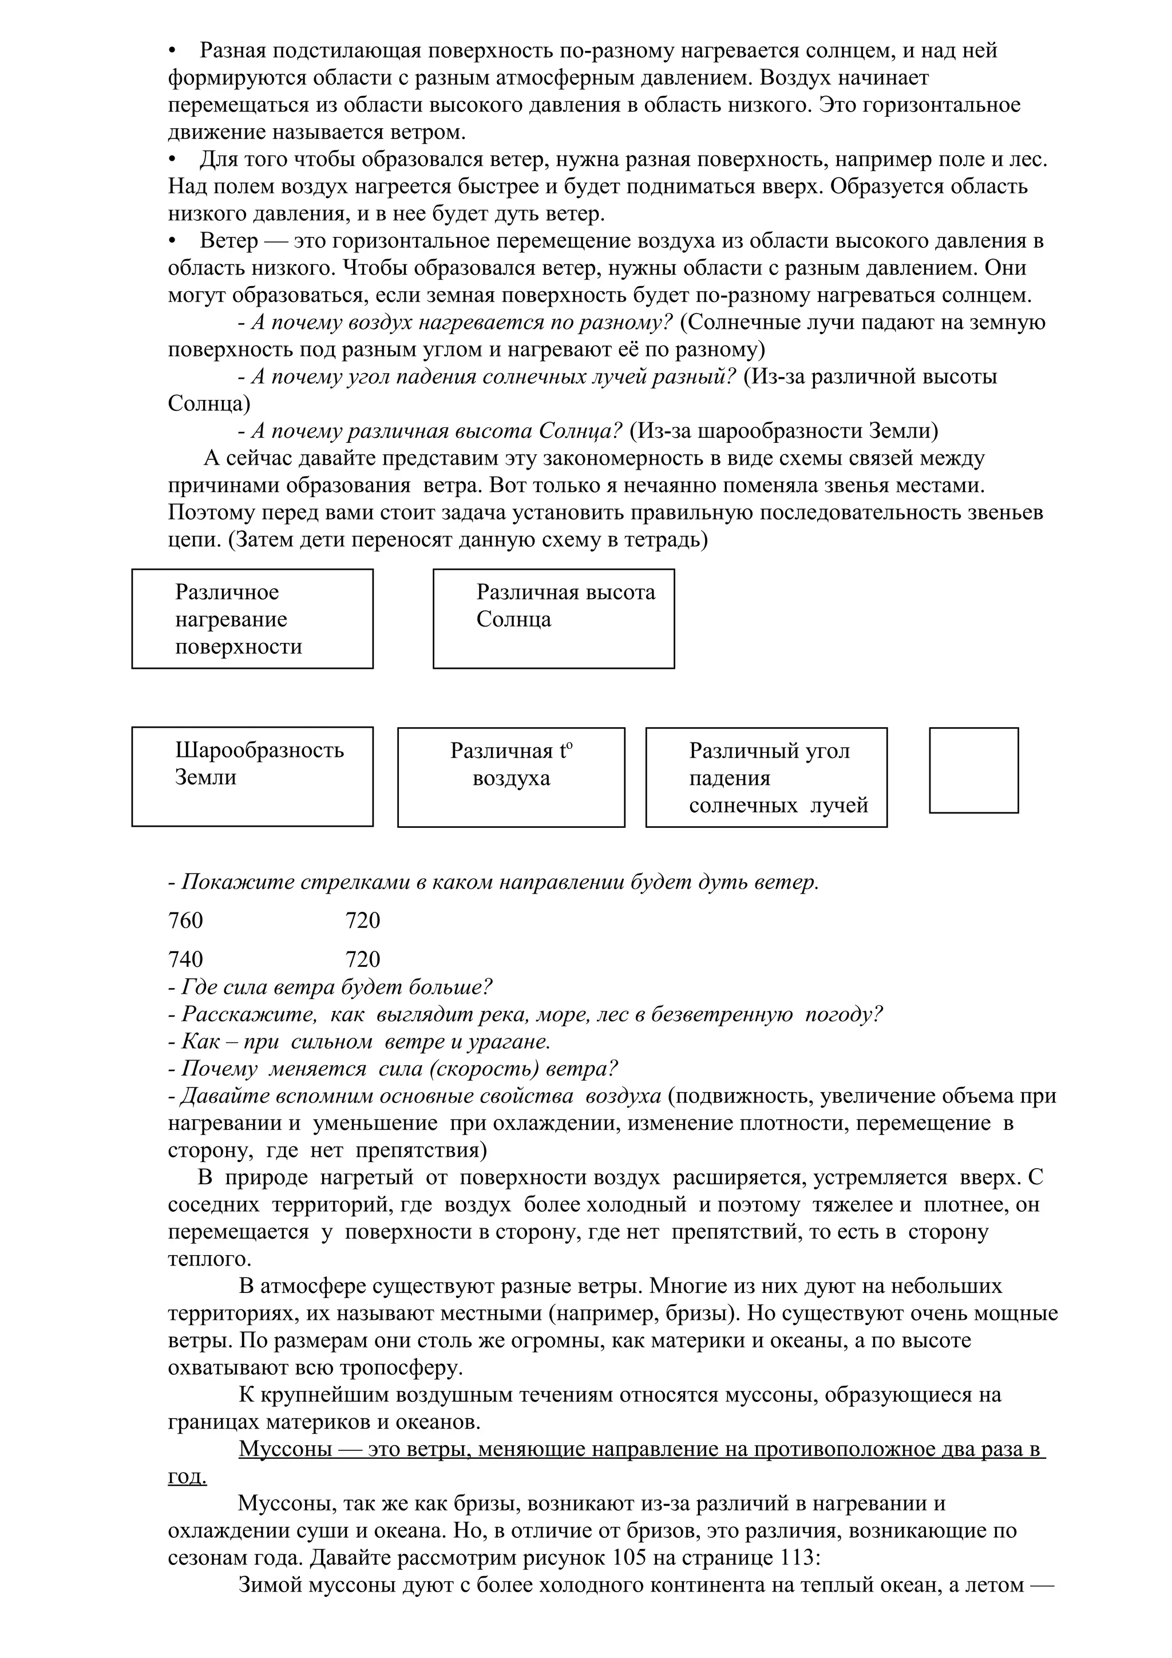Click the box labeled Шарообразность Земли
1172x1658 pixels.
coord(252,776)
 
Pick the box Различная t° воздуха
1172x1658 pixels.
coord(510,777)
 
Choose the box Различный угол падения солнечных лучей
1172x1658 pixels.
coord(766,777)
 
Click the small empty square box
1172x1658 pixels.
coord(973,770)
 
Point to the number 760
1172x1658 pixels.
coord(185,921)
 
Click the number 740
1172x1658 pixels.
coord(185,959)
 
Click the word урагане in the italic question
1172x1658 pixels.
coord(510,1041)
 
